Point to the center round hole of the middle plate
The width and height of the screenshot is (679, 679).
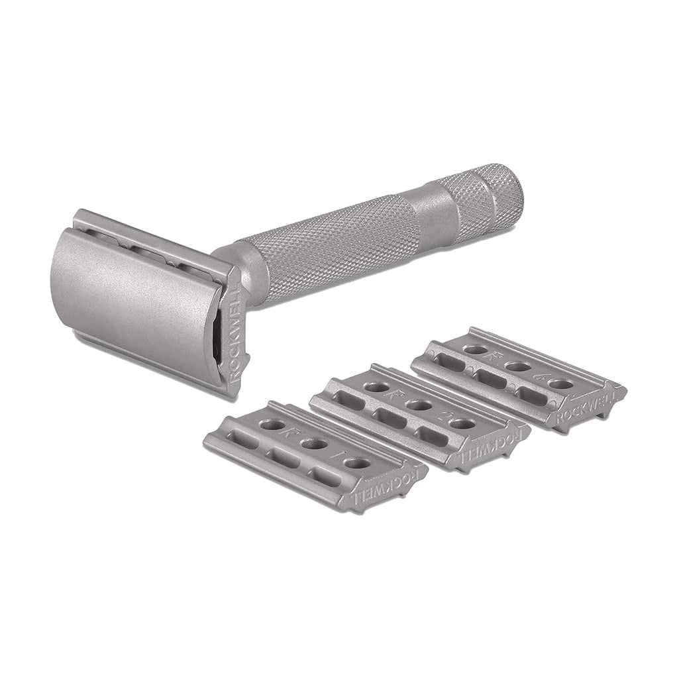(416, 405)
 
